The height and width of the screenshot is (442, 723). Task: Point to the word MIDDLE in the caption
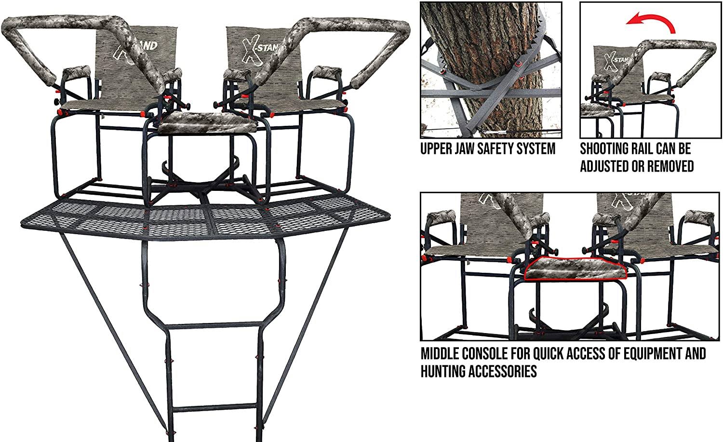(440, 353)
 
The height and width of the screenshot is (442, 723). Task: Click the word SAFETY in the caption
(499, 149)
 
